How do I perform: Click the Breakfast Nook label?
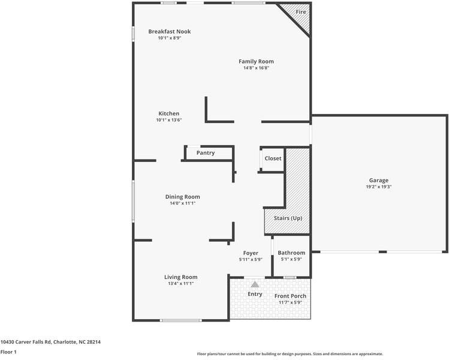[x=170, y=32]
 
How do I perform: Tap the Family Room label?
[x=256, y=61]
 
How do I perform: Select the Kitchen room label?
[x=168, y=113]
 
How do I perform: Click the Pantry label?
[x=206, y=153]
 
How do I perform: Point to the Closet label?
[x=273, y=158]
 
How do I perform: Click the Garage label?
[x=378, y=180]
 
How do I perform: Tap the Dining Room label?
[x=182, y=197]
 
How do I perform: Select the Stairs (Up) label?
[x=288, y=218]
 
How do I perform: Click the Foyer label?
[x=251, y=253]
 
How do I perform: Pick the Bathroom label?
[x=291, y=253]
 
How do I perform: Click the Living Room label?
[x=181, y=277]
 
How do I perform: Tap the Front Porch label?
[x=290, y=296]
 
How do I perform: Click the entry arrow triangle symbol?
[x=255, y=285]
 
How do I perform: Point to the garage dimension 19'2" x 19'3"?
[x=378, y=187]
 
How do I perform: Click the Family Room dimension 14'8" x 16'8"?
[x=256, y=68]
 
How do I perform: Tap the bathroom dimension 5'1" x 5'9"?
[x=291, y=259]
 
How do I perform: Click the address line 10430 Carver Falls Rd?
[x=50, y=341]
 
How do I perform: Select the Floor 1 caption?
[x=8, y=352]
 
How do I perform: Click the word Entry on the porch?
[x=255, y=294]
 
